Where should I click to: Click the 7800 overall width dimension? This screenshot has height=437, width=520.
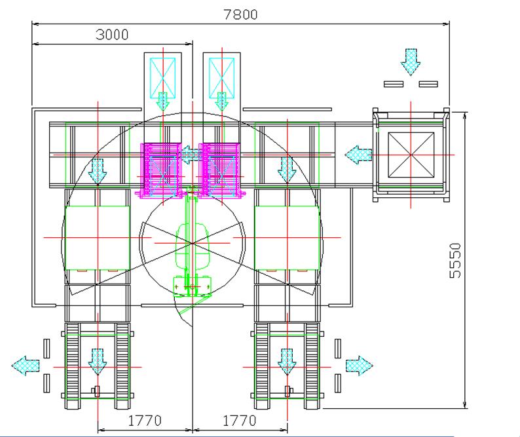[x=241, y=14]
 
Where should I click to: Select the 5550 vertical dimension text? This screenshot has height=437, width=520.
[x=456, y=261]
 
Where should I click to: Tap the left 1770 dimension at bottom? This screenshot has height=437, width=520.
[x=145, y=420]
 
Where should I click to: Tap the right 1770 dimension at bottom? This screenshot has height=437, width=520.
[x=239, y=420]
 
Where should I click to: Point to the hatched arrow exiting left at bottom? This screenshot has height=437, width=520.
[x=26, y=364]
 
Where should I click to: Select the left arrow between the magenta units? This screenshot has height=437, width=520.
[x=191, y=155]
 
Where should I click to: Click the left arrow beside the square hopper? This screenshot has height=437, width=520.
[x=356, y=155]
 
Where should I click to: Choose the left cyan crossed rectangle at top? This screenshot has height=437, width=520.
[x=162, y=75]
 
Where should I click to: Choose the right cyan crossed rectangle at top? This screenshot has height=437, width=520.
[x=221, y=75]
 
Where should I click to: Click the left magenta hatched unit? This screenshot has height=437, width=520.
[x=161, y=169]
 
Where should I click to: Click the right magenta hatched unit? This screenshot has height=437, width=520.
[x=221, y=169]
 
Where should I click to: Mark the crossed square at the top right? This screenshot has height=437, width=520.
[x=411, y=155]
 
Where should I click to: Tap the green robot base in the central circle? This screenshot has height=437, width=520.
[x=191, y=286]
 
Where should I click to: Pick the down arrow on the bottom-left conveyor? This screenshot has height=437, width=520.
[x=98, y=361]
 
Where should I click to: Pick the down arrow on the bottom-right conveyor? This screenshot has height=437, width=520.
[x=286, y=361]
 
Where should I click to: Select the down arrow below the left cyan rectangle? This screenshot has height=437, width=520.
[x=162, y=101]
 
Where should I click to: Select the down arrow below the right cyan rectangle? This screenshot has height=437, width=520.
[x=221, y=101]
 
